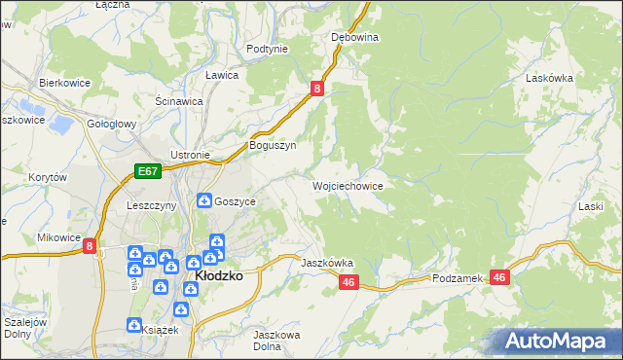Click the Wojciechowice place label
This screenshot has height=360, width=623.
click(348, 185)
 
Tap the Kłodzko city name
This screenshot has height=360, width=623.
click(219, 275)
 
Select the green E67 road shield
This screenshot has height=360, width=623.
click(147, 171)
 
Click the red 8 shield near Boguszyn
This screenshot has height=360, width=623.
click(317, 90)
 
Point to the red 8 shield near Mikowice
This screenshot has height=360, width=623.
click(90, 247)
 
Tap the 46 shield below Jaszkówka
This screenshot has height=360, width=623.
click(350, 282)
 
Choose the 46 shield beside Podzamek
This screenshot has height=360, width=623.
click(500, 277)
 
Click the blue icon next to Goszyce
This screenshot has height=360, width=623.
click(204, 200)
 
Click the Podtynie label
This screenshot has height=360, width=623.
click(267, 49)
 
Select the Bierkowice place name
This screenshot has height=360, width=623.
click(64, 84)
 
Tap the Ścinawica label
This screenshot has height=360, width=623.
click(178, 100)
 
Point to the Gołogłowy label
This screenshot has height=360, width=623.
click(111, 125)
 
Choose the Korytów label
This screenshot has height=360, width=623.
click(47, 178)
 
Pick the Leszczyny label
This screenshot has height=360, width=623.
click(151, 206)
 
